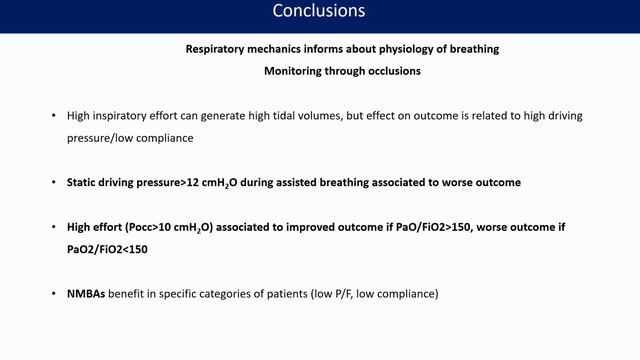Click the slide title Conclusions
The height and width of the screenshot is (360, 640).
tap(319, 12)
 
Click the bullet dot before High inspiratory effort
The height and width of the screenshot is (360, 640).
tap(53, 116)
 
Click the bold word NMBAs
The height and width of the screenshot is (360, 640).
tap(86, 295)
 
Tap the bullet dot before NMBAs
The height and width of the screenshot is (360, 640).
tap(53, 295)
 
